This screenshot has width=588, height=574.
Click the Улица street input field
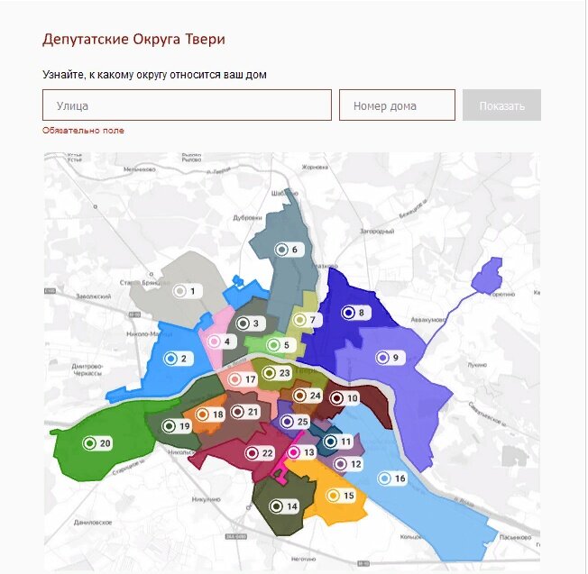[187, 105]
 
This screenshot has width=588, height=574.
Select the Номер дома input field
[397, 105]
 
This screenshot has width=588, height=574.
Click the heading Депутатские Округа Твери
[133, 40]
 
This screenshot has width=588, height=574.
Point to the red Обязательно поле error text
[83, 131]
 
